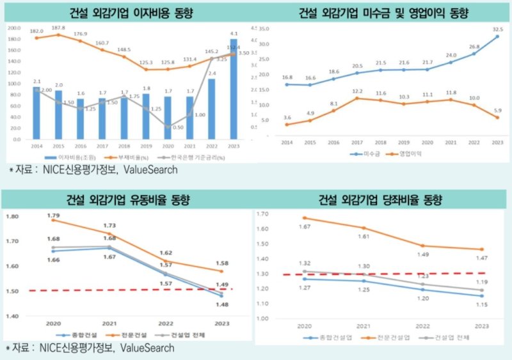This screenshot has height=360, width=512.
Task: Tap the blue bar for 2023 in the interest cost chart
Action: [x=234, y=90]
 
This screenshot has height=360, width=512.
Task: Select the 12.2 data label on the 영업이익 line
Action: [x=356, y=91]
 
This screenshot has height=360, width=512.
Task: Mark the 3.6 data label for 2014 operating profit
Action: [x=287, y=118]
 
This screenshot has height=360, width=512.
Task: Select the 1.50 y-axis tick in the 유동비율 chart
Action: [x=13, y=291]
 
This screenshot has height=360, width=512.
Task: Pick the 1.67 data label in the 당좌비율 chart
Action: [x=306, y=226]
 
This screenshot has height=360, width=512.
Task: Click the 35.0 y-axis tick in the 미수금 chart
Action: [x=272, y=29]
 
